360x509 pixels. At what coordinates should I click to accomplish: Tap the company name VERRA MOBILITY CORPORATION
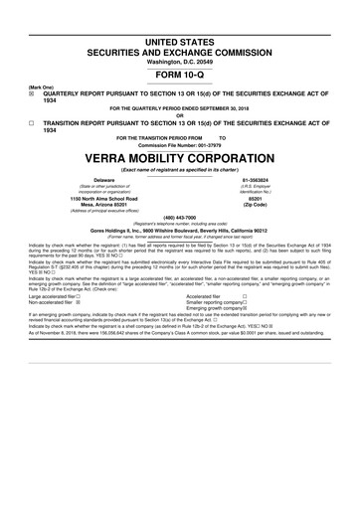[x=179, y=158]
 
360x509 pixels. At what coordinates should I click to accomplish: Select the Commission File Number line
[x=179, y=144]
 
